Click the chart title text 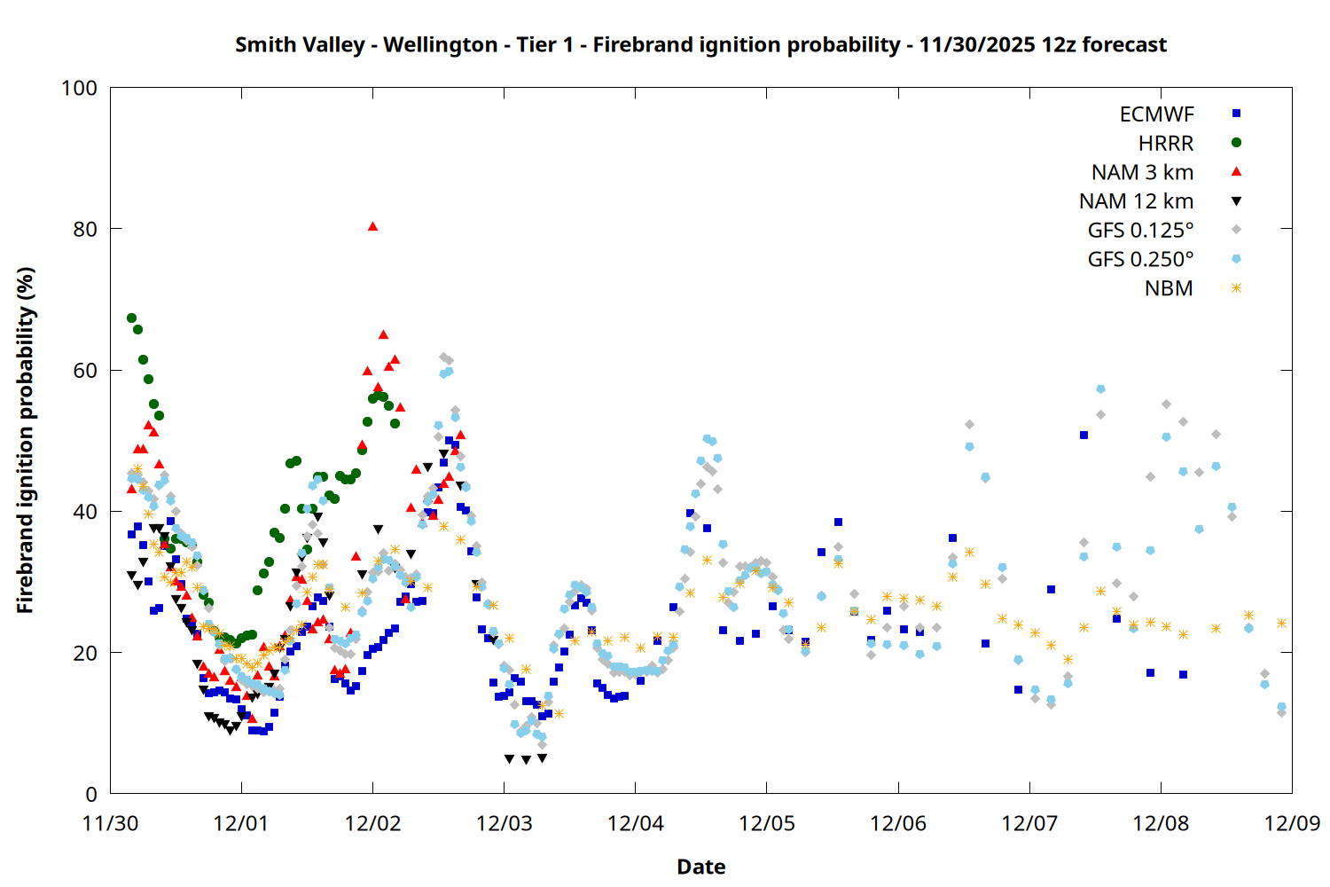pyautogui.click(x=700, y=44)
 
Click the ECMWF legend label pyautogui.click(x=1156, y=114)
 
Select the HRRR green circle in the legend pyautogui.click(x=1236, y=143)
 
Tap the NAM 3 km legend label pyautogui.click(x=1142, y=172)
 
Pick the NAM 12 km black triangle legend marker pyautogui.click(x=1236, y=201)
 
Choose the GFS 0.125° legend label pyautogui.click(x=1140, y=231)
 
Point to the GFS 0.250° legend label pyautogui.click(x=1140, y=260)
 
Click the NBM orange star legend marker pyautogui.click(x=1236, y=288)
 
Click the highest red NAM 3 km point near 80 pyautogui.click(x=372, y=226)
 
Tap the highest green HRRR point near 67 pyautogui.click(x=131, y=318)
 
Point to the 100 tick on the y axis pyautogui.click(x=79, y=88)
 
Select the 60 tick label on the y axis pyautogui.click(x=85, y=371)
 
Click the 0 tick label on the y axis pyautogui.click(x=91, y=795)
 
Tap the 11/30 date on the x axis pyautogui.click(x=110, y=823)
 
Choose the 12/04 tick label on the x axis pyautogui.click(x=636, y=823)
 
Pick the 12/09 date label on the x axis pyautogui.click(x=1292, y=823)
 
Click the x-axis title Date pyautogui.click(x=700, y=867)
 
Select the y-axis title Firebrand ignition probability pyautogui.click(x=26, y=441)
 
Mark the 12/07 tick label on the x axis pyautogui.click(x=1029, y=823)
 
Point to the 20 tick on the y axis pyautogui.click(x=85, y=653)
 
